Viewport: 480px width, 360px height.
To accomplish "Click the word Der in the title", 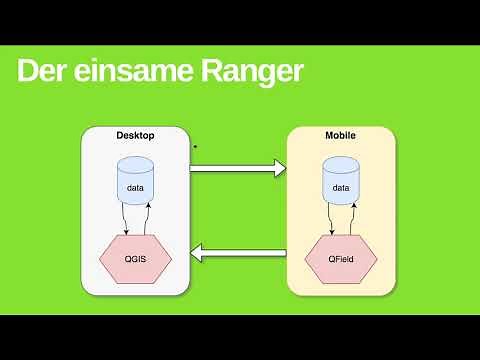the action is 45,72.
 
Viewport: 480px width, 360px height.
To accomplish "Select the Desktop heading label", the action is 136,135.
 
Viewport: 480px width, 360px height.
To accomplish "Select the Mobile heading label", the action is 341,135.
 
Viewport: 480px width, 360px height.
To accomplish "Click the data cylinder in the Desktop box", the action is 136,184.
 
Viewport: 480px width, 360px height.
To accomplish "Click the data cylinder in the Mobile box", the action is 341,184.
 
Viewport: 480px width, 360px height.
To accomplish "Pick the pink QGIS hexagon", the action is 136,258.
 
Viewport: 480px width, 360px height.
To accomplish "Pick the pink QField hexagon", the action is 341,258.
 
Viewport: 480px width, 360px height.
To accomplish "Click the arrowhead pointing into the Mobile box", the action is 279,168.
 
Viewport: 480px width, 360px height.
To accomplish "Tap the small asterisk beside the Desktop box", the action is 195,148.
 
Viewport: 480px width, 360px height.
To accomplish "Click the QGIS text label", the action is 136,258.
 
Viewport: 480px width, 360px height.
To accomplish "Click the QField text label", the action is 341,258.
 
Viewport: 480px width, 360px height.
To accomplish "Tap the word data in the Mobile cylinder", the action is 341,187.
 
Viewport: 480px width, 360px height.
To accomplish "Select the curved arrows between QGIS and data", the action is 137,220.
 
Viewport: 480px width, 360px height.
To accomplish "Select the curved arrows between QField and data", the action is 342,220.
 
